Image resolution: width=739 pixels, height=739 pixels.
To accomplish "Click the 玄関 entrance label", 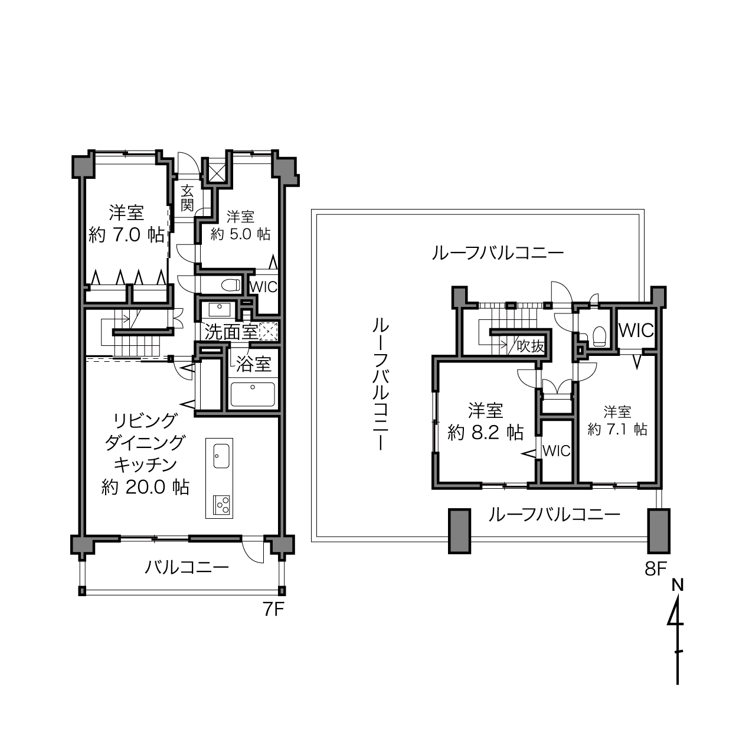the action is pyautogui.click(x=187, y=198).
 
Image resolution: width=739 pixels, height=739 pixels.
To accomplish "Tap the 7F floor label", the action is pyautogui.click(x=273, y=610).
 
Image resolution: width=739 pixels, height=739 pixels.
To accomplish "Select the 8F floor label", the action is pyautogui.click(x=656, y=569).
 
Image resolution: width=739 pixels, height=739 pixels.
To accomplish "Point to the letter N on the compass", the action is pyautogui.click(x=678, y=585).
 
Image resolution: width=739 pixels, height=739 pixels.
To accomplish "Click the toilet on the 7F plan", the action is pyautogui.click(x=231, y=285).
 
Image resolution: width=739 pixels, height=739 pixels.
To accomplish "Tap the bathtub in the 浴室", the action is pyautogui.click(x=253, y=395).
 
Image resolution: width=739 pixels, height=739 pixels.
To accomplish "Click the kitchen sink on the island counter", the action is pyautogui.click(x=221, y=456).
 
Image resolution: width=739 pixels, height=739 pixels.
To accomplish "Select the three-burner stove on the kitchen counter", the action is pyautogui.click(x=221, y=505).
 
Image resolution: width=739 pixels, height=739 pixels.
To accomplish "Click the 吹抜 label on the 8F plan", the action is pyautogui.click(x=531, y=346).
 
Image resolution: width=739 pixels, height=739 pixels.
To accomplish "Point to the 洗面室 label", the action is pyautogui.click(x=231, y=332).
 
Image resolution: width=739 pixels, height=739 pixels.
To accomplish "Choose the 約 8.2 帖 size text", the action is pyautogui.click(x=486, y=433).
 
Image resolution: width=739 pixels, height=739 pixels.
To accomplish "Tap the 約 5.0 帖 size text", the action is pyautogui.click(x=240, y=234).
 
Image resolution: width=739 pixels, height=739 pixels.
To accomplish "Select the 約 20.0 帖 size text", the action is pyautogui.click(x=145, y=487).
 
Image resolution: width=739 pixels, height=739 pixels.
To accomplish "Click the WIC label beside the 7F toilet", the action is pyautogui.click(x=263, y=287).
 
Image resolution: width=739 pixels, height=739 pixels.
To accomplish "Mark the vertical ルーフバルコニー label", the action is pyautogui.click(x=381, y=385).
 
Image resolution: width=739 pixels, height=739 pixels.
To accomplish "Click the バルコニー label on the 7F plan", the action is pyautogui.click(x=187, y=567).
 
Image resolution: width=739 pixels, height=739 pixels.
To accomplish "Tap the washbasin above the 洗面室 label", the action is pyautogui.click(x=219, y=309).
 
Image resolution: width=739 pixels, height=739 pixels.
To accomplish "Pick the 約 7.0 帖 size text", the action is pyautogui.click(x=126, y=235).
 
